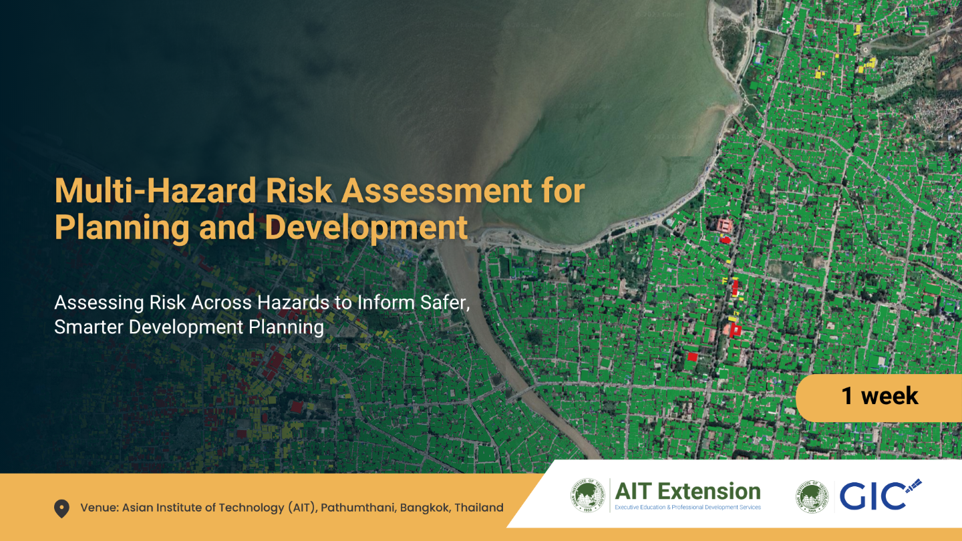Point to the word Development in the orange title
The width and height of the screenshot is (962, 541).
point(366,228)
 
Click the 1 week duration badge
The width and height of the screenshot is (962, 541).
point(879,397)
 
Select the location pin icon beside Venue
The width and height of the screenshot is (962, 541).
point(61,509)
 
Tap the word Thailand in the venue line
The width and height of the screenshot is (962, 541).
point(478,508)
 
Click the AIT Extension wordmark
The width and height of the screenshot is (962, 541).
point(687,492)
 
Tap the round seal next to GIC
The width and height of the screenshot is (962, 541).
point(812,497)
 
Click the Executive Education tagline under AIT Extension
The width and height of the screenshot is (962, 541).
point(687,508)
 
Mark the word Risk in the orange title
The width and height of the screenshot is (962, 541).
point(299,192)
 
